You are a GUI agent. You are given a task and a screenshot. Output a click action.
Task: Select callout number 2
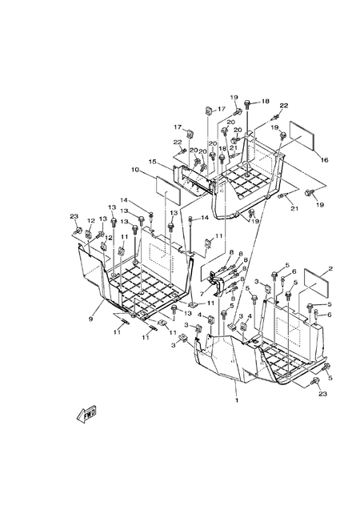(x=330, y=269)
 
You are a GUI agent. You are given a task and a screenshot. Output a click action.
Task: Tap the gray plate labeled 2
(x=313, y=284)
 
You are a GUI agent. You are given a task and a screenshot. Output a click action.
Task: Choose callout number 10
(x=135, y=170)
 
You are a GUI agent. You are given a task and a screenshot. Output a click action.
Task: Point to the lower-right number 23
(x=322, y=394)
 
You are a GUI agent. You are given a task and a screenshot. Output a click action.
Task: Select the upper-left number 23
(x=73, y=217)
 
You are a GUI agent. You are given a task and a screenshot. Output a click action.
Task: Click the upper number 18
(x=265, y=102)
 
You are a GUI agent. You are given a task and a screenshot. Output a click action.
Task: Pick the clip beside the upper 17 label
(x=207, y=110)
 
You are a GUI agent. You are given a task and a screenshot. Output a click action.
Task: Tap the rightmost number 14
(x=204, y=218)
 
